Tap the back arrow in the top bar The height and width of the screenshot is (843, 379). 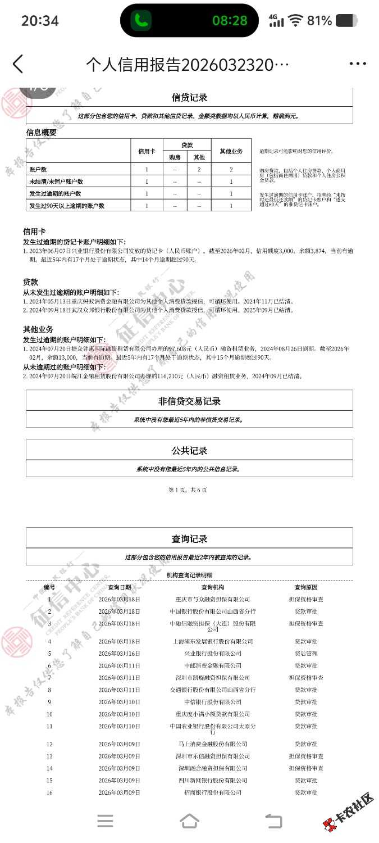[18, 64]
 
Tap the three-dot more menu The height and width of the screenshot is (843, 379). [358, 64]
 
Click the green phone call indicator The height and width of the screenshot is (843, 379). [141, 21]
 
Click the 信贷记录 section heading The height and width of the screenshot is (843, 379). [189, 98]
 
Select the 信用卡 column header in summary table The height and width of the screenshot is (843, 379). [147, 152]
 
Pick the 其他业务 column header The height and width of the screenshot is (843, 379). [231, 152]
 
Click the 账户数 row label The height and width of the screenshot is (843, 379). [38, 169]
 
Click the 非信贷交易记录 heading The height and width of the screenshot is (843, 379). [189, 401]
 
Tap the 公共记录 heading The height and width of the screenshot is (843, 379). [189, 451]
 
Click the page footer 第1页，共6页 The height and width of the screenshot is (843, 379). [188, 490]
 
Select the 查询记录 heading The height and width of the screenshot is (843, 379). [189, 539]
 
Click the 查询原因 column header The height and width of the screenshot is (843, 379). [306, 587]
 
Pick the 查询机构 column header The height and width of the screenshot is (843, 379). [212, 587]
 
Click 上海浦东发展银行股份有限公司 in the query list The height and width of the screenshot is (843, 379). [212, 641]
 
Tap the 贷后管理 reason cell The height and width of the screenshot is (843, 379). [306, 654]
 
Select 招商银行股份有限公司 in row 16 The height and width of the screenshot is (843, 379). [212, 792]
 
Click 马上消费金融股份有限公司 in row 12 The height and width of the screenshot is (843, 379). [212, 744]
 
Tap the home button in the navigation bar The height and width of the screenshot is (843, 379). [189, 821]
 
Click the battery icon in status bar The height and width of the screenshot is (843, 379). [346, 21]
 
